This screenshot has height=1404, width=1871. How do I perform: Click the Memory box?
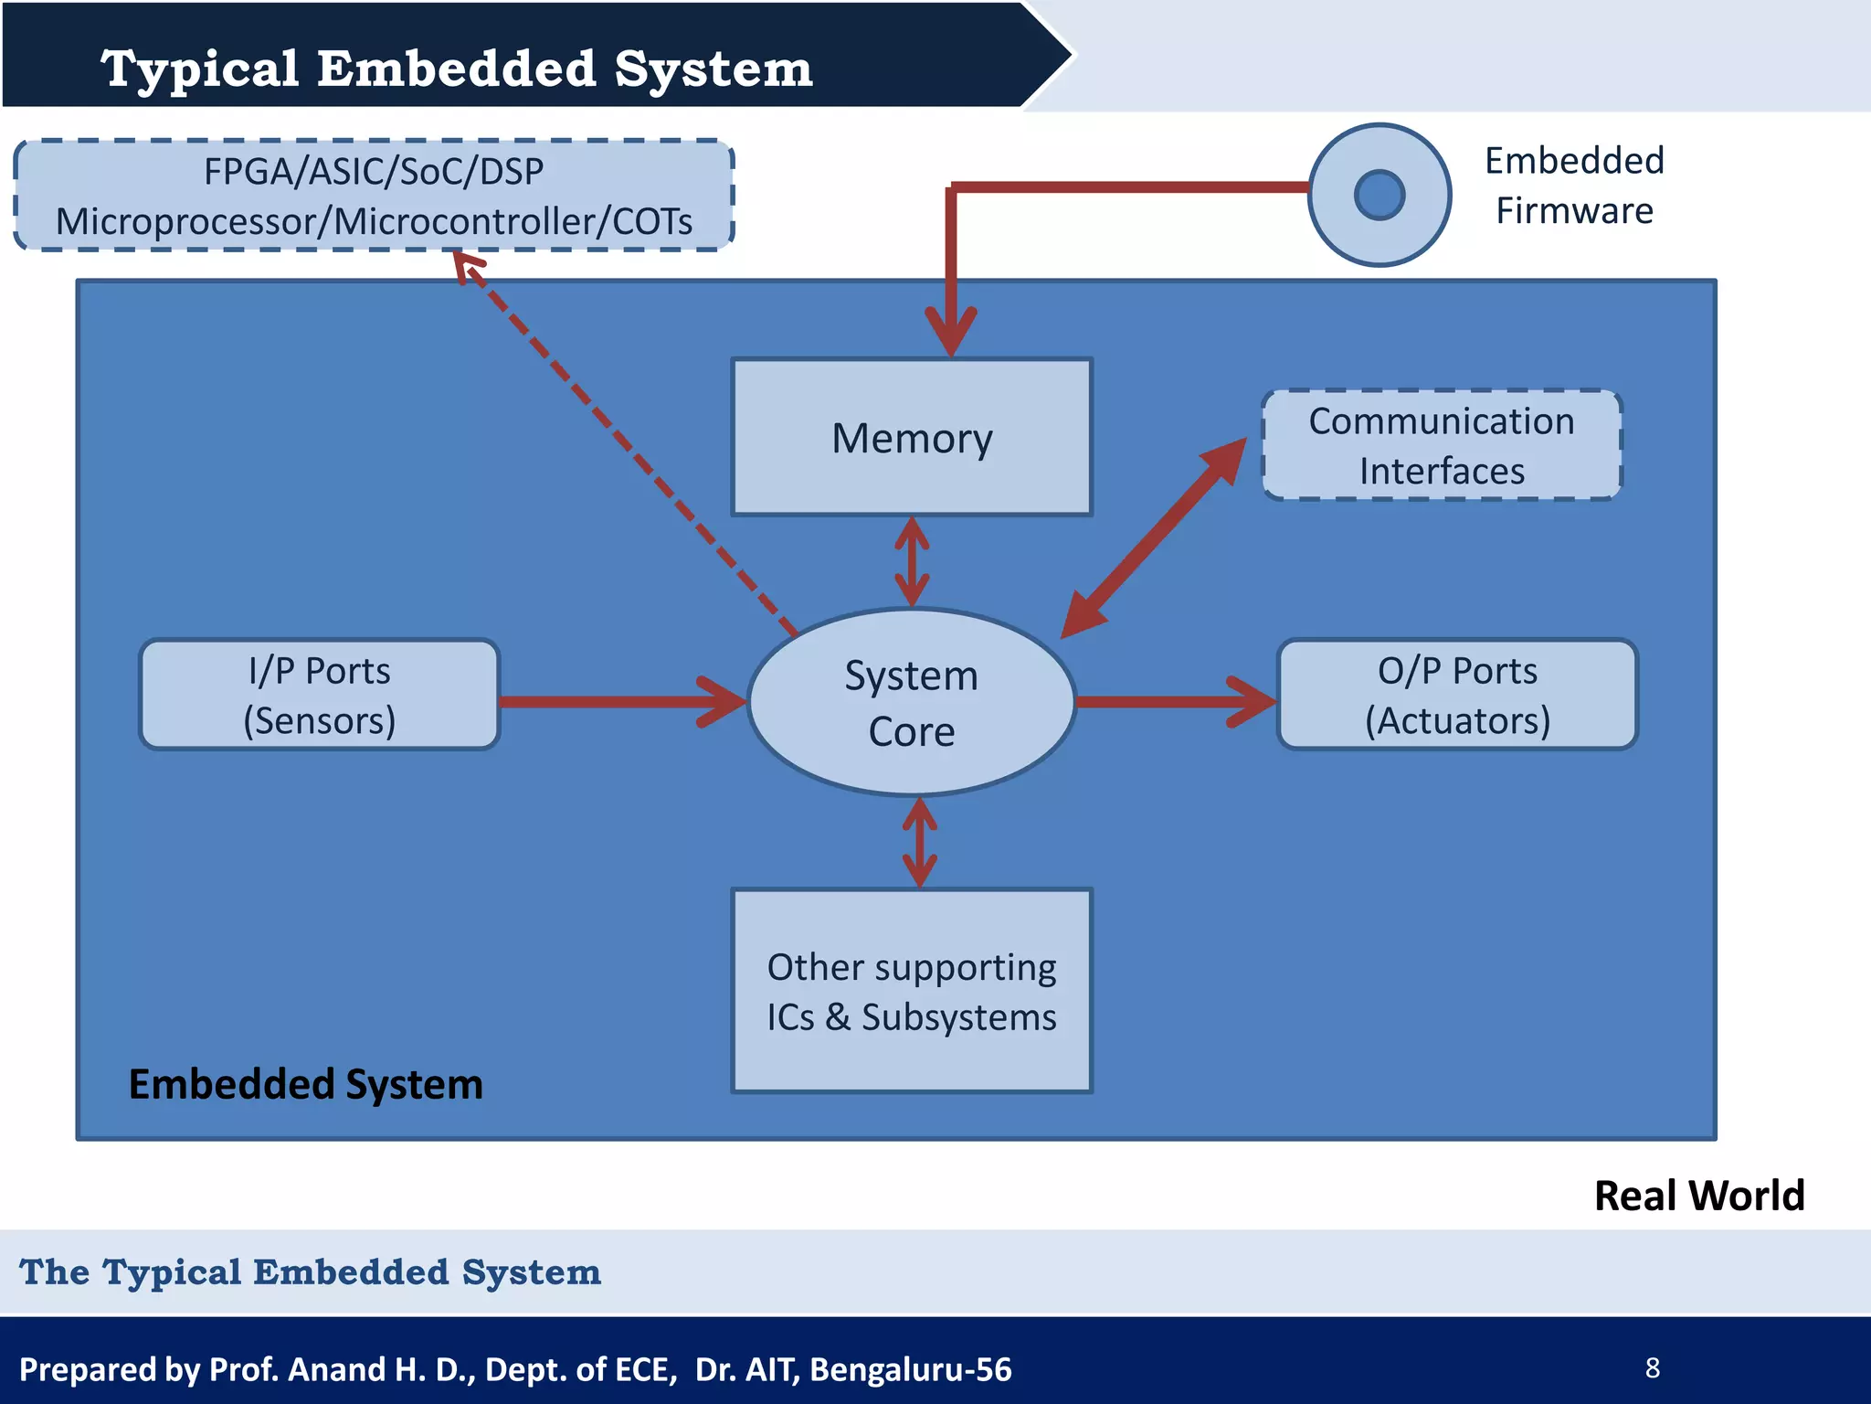pos(912,437)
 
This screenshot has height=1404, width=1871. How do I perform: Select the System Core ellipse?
pos(911,702)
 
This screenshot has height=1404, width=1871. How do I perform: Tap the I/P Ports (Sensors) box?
pos(319,695)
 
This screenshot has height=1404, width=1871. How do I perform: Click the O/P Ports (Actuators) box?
pos(1457,695)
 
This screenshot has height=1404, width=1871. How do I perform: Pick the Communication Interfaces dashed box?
pos(1442,445)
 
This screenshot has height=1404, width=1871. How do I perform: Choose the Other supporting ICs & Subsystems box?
pos(912,991)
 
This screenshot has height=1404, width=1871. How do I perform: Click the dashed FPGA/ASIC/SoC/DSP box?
pos(374,196)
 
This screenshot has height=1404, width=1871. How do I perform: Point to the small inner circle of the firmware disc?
pos(1379,195)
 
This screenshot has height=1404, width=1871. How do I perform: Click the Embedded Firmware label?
pos(1574,186)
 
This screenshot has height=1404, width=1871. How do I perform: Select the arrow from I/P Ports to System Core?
pos(621,702)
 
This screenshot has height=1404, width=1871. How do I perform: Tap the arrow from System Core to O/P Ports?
pos(1174,702)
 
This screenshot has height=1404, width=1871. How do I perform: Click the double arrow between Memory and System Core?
pos(912,561)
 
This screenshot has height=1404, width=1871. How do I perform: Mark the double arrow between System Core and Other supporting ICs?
pos(919,842)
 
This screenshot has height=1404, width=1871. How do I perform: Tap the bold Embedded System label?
pos(305,1084)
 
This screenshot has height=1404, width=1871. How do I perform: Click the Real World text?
pos(1698,1196)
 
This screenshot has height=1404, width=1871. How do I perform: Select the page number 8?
pos(1652,1368)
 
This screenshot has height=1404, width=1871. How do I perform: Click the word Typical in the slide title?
pos(200,69)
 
